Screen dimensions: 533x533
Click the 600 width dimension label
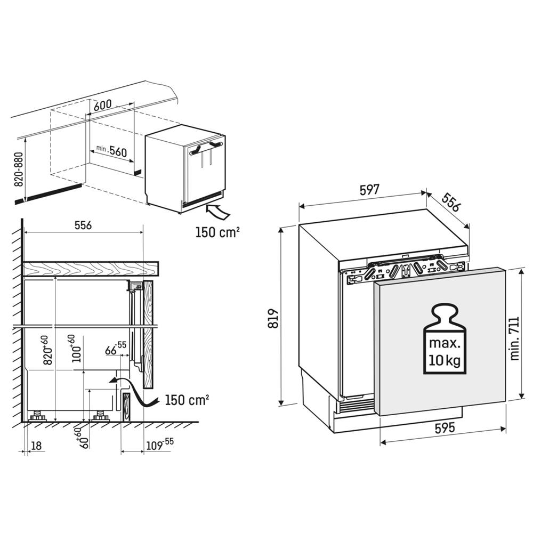[x=103, y=105]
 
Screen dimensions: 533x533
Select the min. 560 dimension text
[x=111, y=151]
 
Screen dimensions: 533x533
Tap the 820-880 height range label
[x=19, y=169]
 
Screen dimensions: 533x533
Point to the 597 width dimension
[x=369, y=190]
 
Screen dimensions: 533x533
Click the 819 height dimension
[x=273, y=318]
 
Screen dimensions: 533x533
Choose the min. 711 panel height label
[x=515, y=338]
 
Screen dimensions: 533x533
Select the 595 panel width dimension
[x=445, y=427]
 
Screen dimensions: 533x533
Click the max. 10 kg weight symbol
[x=445, y=338]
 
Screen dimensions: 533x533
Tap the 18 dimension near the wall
[x=36, y=445]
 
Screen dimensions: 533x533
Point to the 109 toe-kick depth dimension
[x=159, y=444]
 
